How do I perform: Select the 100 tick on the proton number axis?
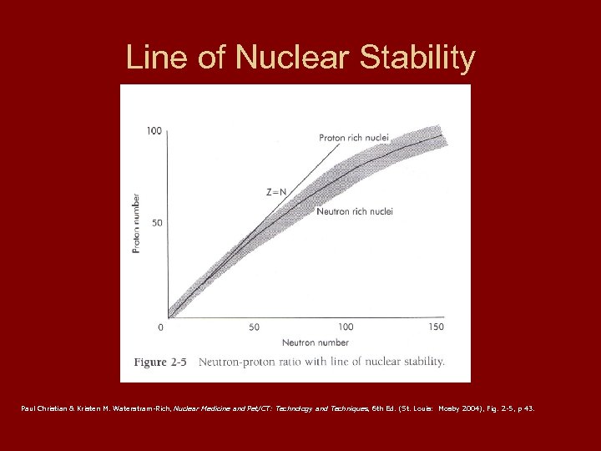[x=154, y=130]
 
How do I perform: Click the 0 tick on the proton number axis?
[x=159, y=325]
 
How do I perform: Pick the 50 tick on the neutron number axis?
[x=254, y=327]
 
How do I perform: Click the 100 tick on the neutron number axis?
[x=346, y=327]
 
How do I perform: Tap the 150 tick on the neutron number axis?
[x=436, y=327]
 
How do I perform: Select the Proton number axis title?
[x=136, y=223]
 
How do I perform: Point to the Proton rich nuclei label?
[x=354, y=137]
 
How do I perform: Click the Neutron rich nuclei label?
[x=355, y=211]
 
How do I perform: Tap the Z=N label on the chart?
[x=276, y=190]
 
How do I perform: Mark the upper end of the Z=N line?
[x=341, y=141]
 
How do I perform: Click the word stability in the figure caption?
[x=421, y=362]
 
